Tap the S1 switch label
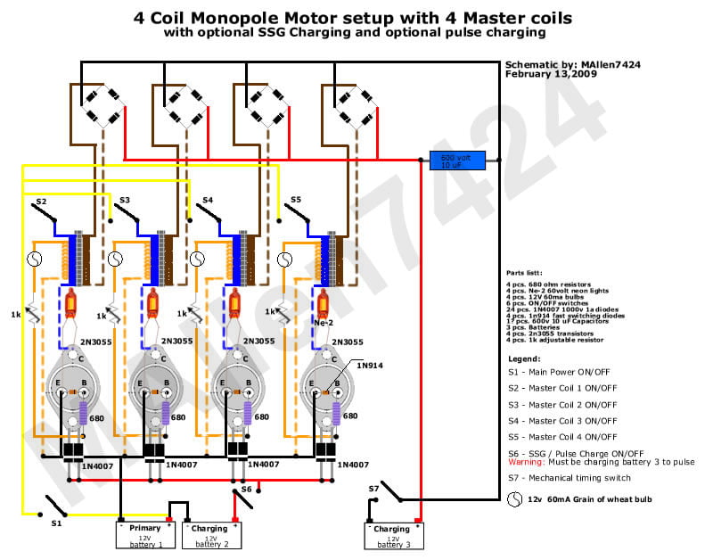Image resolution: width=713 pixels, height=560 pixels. click(x=56, y=523)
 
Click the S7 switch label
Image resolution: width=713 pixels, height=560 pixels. click(x=374, y=489)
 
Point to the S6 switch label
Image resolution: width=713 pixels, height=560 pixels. click(x=246, y=489)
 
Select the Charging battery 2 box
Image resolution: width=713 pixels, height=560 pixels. click(x=211, y=535)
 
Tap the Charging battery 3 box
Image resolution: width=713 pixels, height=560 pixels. click(x=392, y=535)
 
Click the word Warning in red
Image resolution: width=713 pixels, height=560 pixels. click(x=527, y=462)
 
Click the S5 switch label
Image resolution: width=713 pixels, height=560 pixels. click(x=296, y=200)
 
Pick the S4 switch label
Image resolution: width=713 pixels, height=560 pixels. click(x=208, y=201)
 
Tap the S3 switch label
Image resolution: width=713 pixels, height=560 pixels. click(x=125, y=201)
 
